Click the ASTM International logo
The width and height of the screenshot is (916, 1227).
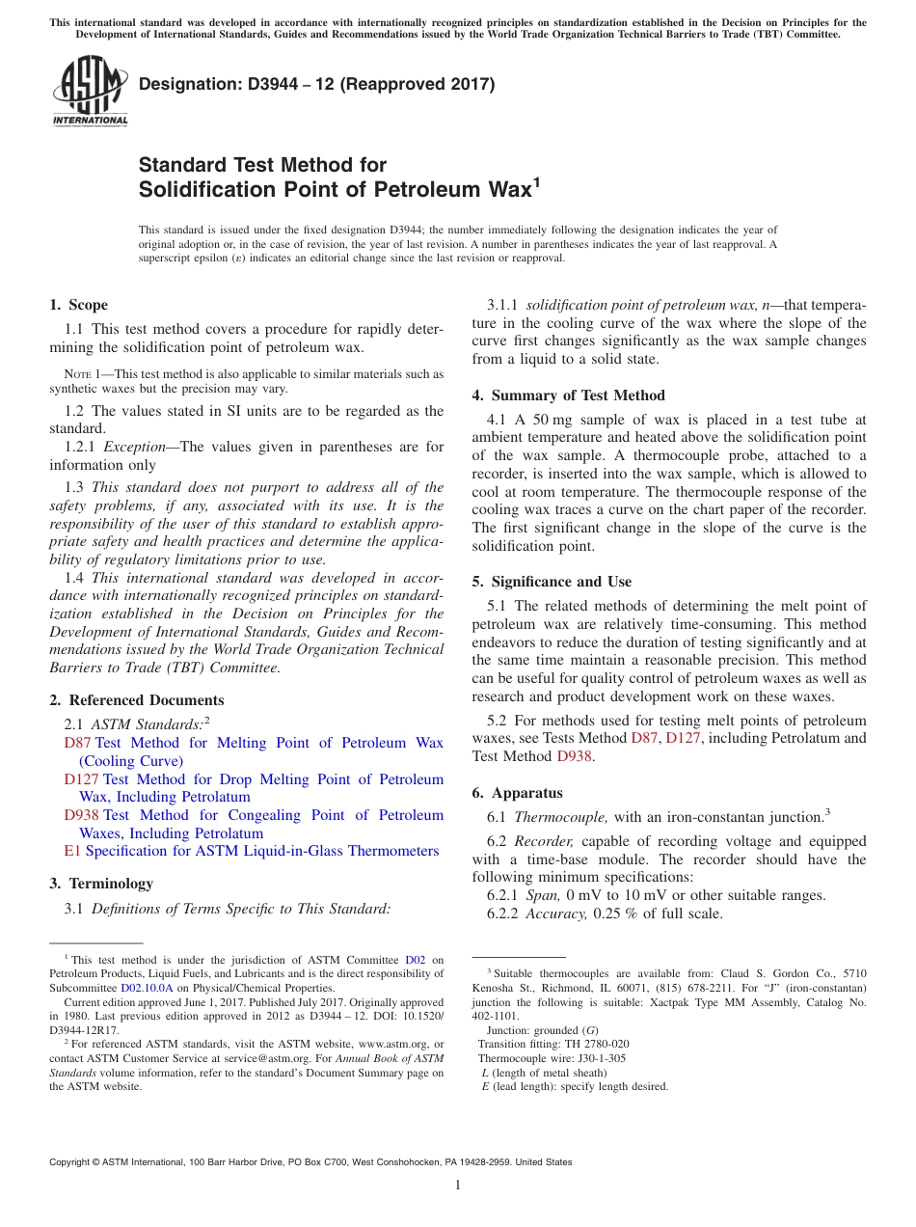(x=90, y=92)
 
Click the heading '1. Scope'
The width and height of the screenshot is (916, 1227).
(x=78, y=305)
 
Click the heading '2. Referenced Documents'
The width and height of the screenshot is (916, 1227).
(x=136, y=700)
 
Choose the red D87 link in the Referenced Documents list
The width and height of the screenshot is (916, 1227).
(x=76, y=743)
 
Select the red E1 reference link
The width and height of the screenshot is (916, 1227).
(x=71, y=851)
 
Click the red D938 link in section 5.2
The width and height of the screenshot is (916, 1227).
(x=576, y=756)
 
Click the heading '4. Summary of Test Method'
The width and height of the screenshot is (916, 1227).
(x=568, y=395)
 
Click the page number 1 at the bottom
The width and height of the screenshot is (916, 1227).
(x=458, y=1185)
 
